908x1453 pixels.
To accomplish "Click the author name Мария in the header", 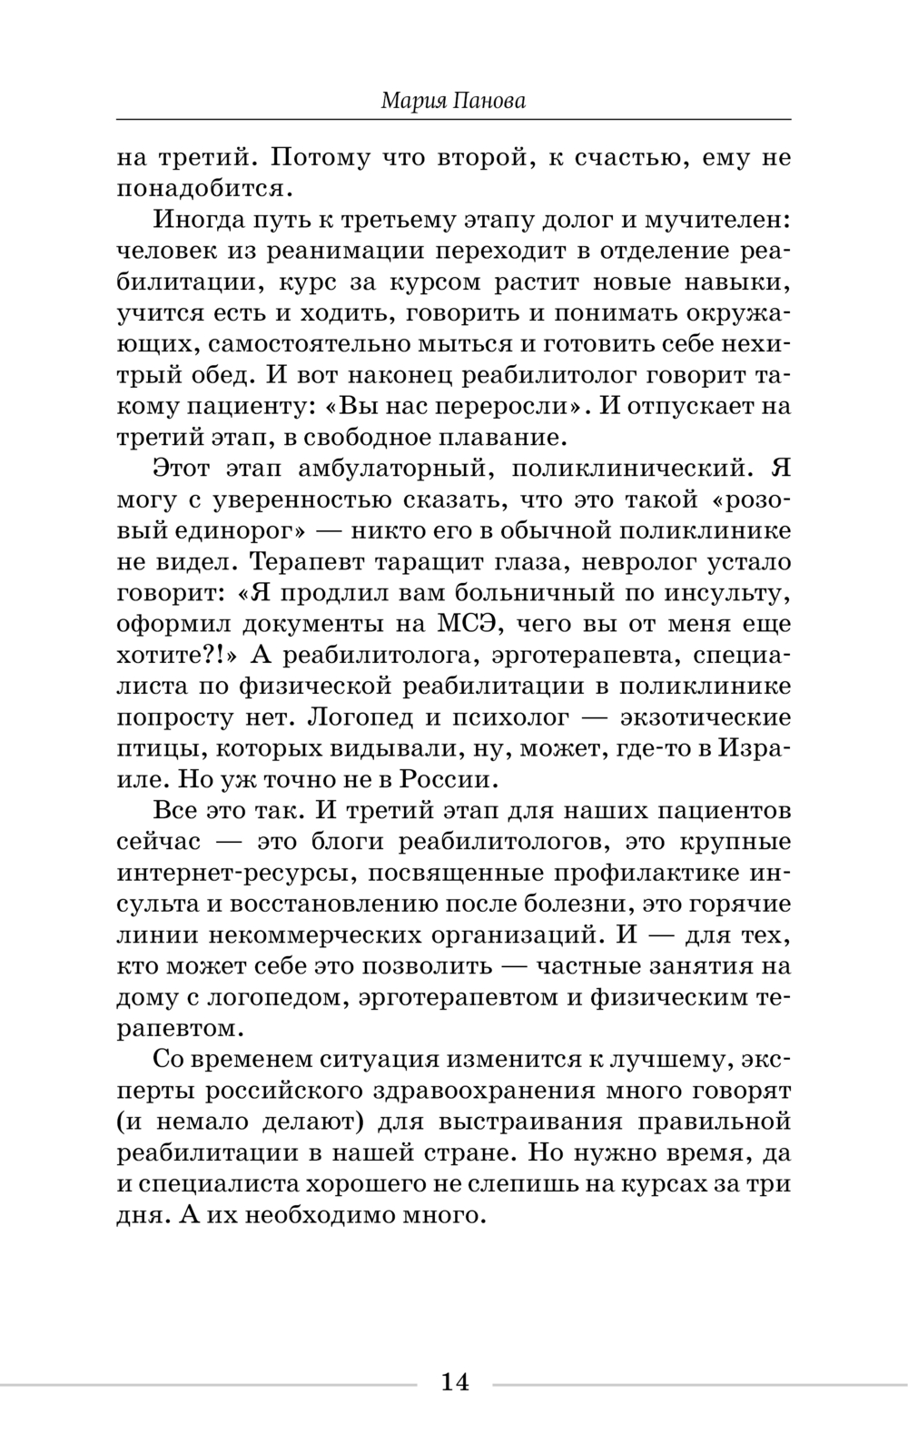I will tap(414, 101).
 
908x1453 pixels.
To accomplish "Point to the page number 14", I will tap(454, 1382).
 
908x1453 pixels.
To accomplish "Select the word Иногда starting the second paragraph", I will tap(199, 221).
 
